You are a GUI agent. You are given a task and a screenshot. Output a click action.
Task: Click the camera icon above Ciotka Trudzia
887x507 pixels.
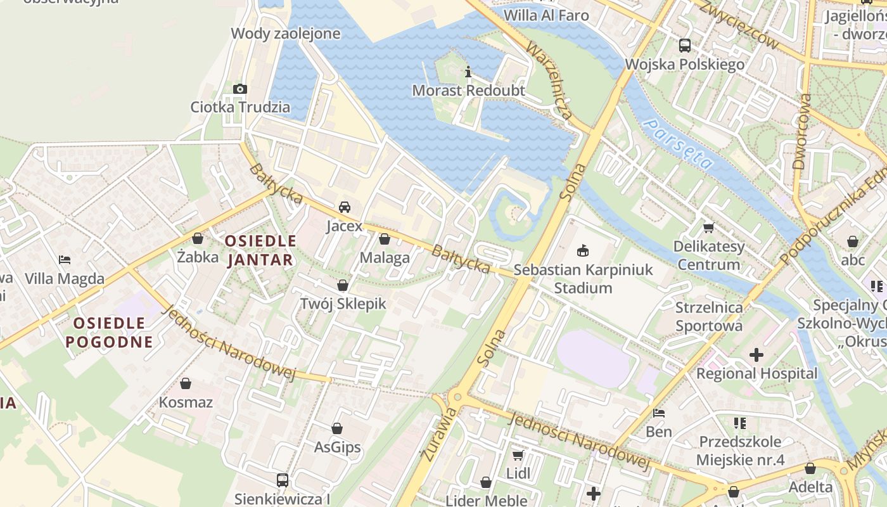(x=239, y=89)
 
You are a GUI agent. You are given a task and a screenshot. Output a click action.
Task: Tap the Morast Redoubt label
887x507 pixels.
(x=468, y=91)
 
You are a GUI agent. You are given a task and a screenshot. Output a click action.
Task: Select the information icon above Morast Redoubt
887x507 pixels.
(x=468, y=72)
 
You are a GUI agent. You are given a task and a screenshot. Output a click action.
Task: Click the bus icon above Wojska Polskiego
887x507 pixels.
(x=684, y=45)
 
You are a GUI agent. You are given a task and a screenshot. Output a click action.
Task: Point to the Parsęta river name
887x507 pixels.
(x=677, y=144)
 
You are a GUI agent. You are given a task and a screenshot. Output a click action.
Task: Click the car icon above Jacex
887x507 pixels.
(x=345, y=207)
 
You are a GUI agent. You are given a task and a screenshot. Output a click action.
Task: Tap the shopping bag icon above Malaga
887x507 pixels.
(x=384, y=239)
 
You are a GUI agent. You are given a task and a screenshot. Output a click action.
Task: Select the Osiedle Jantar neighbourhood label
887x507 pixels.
(x=260, y=250)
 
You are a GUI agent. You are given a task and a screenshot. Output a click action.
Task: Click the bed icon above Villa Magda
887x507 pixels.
(x=64, y=259)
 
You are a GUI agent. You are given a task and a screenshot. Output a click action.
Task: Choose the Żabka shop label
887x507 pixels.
(x=198, y=257)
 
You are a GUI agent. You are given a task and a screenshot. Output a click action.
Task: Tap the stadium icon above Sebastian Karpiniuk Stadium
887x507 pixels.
(x=583, y=251)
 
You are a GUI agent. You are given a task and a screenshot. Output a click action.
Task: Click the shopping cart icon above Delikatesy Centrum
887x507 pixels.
(x=708, y=227)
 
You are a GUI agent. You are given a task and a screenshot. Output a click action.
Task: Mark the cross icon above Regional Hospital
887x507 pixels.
(x=756, y=355)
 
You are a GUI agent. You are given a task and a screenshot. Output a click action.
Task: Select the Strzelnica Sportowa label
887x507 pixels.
(x=709, y=317)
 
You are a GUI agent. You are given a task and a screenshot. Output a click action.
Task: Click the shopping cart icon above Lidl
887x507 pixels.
(x=518, y=455)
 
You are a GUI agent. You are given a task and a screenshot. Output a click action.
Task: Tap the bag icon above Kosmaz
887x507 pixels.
(x=186, y=383)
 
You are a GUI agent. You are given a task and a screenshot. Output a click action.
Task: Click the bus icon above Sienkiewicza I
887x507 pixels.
(x=283, y=480)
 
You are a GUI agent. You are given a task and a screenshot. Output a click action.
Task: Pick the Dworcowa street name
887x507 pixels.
(x=801, y=132)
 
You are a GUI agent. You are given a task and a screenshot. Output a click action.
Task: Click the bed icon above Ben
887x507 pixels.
(x=659, y=413)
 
